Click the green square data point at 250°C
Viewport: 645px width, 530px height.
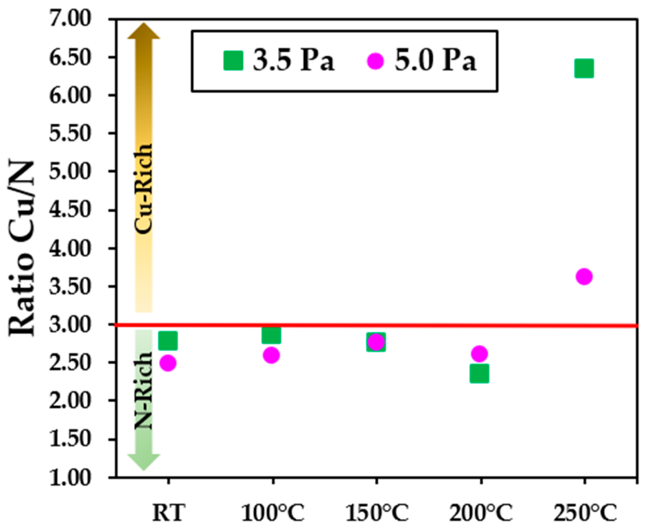pyautogui.click(x=584, y=68)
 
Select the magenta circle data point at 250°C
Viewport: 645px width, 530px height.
pyautogui.click(x=584, y=276)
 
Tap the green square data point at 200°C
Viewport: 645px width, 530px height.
pyautogui.click(x=479, y=373)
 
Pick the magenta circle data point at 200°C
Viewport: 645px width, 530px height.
pyautogui.click(x=479, y=354)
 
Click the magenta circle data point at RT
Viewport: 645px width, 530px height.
pyautogui.click(x=168, y=363)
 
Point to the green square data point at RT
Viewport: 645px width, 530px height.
pyautogui.click(x=168, y=340)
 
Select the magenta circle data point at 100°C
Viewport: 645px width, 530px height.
pyautogui.click(x=271, y=355)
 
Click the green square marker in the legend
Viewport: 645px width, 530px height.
pyautogui.click(x=233, y=61)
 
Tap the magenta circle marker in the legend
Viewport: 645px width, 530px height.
pyautogui.click(x=375, y=61)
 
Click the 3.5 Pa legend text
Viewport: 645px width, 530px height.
pyautogui.click(x=294, y=61)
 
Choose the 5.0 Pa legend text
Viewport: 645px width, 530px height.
pyautogui.click(x=435, y=61)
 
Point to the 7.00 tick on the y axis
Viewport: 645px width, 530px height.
pyautogui.click(x=69, y=19)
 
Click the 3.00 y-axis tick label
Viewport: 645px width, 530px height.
pyautogui.click(x=69, y=324)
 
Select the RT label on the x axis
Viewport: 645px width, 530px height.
pyautogui.click(x=169, y=513)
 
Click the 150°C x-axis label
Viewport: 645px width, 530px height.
pyautogui.click(x=377, y=513)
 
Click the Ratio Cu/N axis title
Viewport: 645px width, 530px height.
pyautogui.click(x=22, y=248)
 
